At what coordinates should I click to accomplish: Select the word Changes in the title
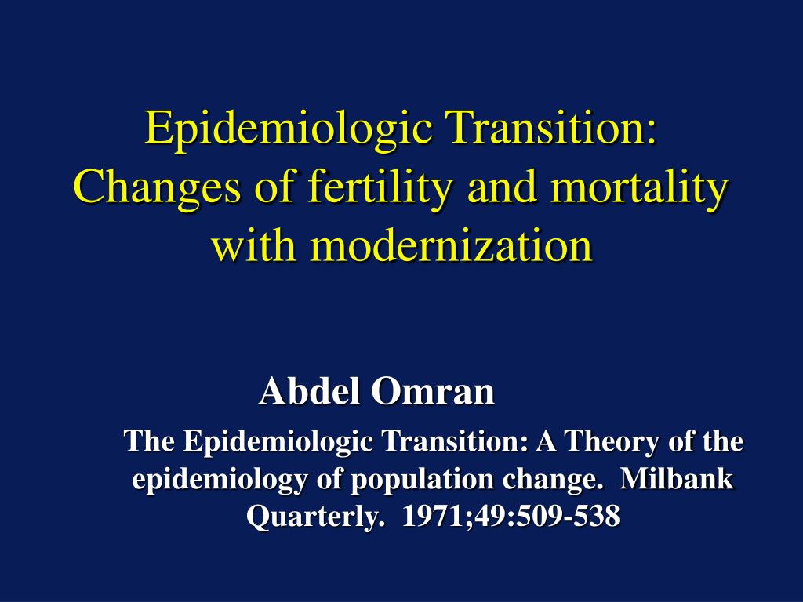point(157,189)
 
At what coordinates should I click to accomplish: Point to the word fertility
point(380,189)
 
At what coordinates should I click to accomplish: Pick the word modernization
point(452,245)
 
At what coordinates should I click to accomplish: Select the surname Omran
point(433,392)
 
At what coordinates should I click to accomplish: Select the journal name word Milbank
point(677,479)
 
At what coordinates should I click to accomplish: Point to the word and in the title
point(502,188)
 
